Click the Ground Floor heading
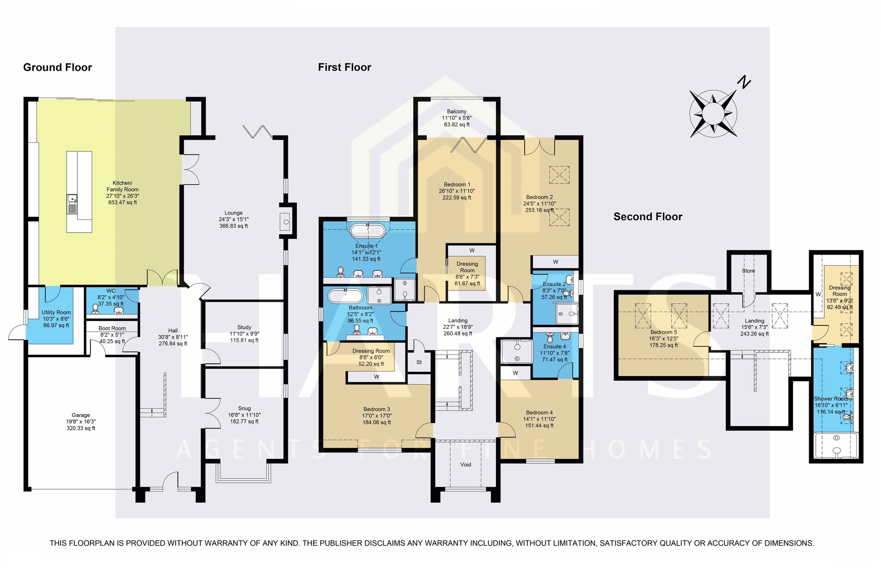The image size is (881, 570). tap(58, 67)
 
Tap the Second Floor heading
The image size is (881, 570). tap(648, 217)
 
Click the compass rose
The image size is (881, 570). tap(713, 113)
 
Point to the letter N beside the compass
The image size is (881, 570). tap(744, 82)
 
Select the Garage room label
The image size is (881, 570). tap(81, 415)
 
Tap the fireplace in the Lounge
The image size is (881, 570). tap(285, 222)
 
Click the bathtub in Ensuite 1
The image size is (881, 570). tap(367, 231)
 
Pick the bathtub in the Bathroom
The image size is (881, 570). tap(345, 296)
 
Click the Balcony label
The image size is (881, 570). tap(456, 111)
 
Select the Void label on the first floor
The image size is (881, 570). tap(466, 465)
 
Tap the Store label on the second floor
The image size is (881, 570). tap(749, 271)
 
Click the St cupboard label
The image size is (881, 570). tap(419, 362)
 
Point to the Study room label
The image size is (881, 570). tap(244, 327)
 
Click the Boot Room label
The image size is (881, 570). tap(112, 328)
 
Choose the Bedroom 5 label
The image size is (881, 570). tap(664, 332)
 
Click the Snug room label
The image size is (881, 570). tap(244, 408)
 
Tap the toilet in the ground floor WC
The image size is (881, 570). tap(95, 309)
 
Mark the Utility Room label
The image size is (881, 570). tap(56, 313)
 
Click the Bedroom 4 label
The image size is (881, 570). tap(539, 413)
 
